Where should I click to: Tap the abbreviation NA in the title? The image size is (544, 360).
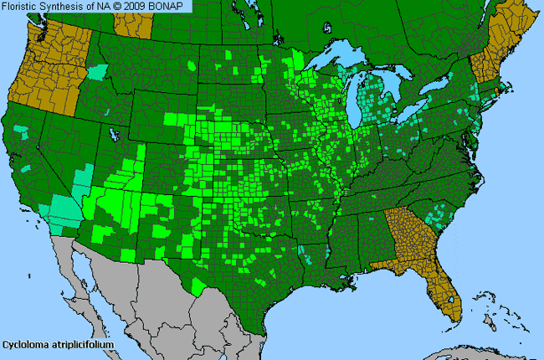(97, 6)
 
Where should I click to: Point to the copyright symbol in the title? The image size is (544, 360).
(110, 6)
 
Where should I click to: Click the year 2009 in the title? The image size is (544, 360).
(128, 6)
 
